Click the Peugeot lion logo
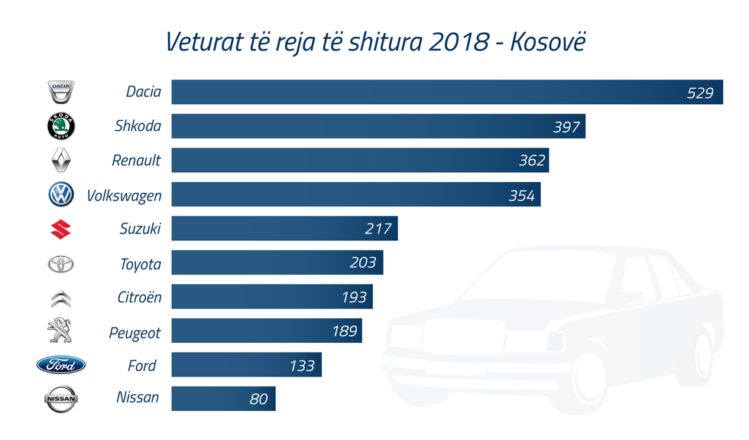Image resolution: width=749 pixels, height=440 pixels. tap(59, 331)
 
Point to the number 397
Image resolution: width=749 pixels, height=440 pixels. tap(566, 127)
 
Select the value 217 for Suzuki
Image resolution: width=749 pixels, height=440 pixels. tap(378, 229)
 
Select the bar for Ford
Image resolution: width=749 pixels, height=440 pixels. tap(246, 365)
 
